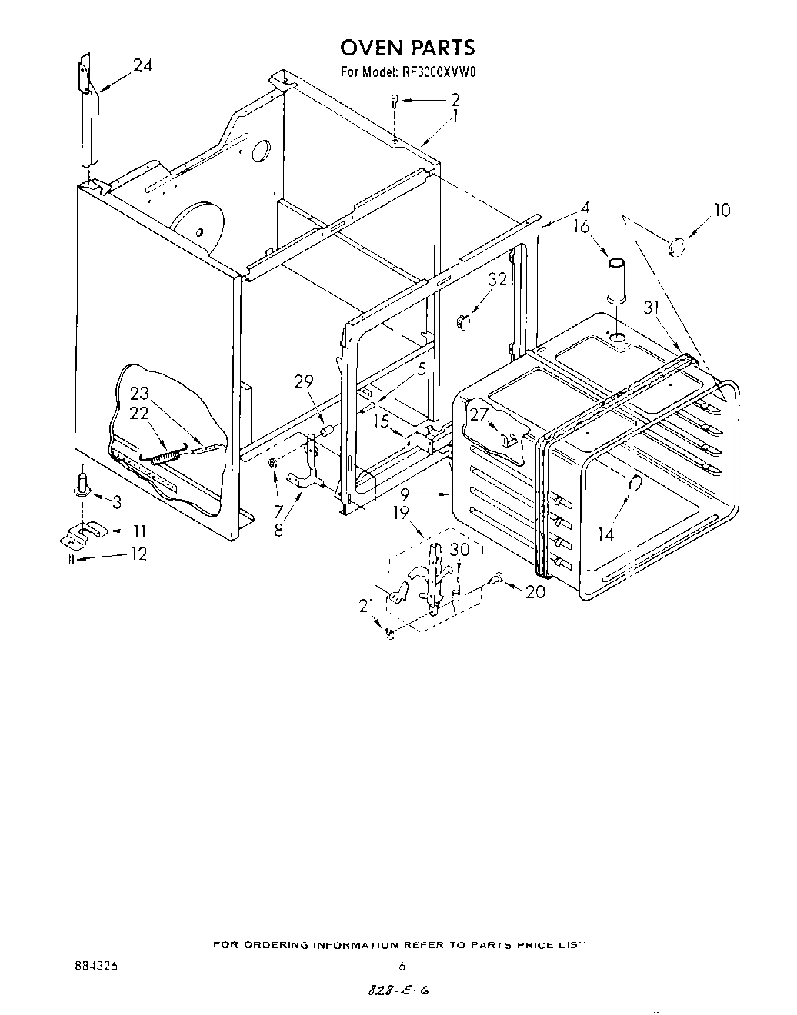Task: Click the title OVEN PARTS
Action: pos(408,48)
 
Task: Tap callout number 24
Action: pos(142,66)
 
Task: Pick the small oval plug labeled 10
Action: pos(678,246)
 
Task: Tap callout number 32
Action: pos(497,279)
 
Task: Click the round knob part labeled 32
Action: pos(462,321)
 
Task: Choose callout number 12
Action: pos(138,554)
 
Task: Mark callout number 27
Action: pos(479,414)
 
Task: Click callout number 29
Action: pos(305,381)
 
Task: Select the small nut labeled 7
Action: pos(274,464)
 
